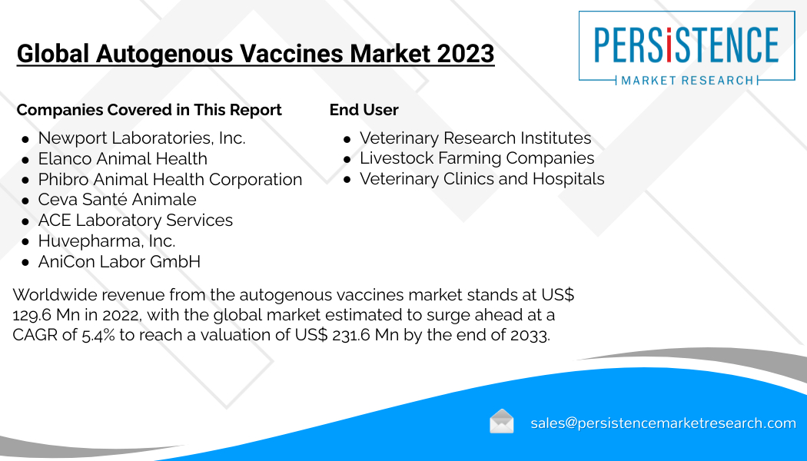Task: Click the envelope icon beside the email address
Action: pos(501,421)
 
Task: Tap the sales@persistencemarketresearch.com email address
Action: pos(663,423)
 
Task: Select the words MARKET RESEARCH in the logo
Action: pos(687,80)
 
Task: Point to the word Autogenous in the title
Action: pos(164,55)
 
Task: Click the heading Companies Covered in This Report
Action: pos(149,110)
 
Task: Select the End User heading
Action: pos(364,110)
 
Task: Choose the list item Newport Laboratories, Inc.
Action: pos(141,138)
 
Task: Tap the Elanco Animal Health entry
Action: pos(122,158)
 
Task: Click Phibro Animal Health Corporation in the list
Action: pos(170,179)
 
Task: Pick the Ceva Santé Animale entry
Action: pos(117,199)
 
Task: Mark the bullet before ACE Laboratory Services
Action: pos(25,221)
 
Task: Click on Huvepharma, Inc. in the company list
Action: pos(107,240)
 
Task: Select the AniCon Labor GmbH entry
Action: pos(119,261)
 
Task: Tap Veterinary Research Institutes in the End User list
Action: pos(475,138)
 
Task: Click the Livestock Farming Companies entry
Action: pos(477,158)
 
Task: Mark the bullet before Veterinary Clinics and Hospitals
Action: pos(347,180)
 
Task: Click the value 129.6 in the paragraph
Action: pos(32,315)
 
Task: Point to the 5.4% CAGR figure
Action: pos(98,335)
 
